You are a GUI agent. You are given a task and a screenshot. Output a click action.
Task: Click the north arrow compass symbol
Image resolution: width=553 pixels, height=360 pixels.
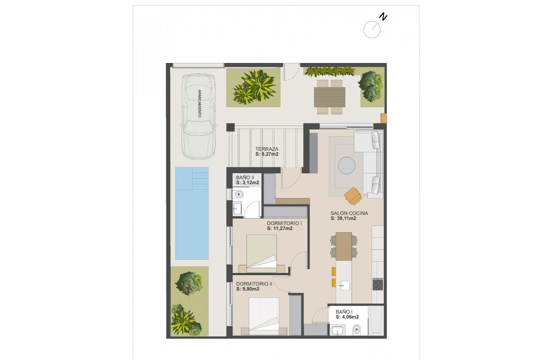pos(372,29)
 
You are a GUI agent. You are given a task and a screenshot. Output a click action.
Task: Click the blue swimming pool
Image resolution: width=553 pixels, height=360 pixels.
pos(192,213)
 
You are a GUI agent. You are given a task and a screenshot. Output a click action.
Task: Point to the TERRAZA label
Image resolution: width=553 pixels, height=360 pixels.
pos(267,149)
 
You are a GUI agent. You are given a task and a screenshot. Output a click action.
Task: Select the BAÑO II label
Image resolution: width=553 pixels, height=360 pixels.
pos(246,177)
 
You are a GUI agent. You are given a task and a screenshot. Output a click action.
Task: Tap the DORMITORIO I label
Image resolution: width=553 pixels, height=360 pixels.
pos(284,223)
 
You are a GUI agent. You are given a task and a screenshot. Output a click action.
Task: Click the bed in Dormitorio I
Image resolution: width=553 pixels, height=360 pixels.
pos(262,253)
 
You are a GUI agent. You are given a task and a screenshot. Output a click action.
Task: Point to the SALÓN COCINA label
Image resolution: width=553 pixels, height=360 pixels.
pos(349,213)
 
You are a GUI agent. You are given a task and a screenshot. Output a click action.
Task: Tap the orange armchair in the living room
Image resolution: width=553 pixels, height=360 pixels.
pos(353,196)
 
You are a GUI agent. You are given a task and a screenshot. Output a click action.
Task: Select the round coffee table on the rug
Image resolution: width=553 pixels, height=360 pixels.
pos(346,165)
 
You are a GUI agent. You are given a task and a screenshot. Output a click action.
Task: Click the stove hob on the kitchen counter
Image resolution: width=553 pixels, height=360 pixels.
pos(378,285)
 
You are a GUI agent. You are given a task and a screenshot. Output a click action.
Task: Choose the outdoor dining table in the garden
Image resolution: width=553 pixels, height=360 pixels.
pos(330,97)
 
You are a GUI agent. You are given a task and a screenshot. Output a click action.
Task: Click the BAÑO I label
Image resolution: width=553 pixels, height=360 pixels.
pos(344,312)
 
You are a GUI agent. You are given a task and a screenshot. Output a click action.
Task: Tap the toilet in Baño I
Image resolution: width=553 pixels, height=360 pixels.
pos(357,330)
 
